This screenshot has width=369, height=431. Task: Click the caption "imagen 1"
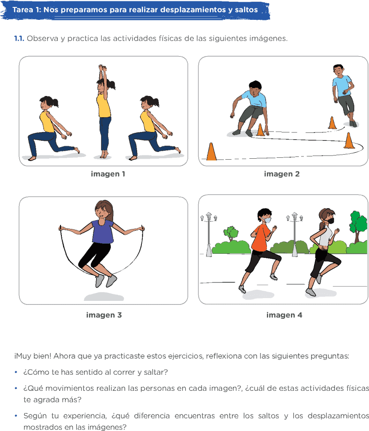pos(108,174)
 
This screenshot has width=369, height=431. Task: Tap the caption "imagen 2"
pos(282,174)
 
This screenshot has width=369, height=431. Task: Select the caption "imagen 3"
pos(104,315)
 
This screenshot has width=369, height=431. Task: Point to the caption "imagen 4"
pos(284,315)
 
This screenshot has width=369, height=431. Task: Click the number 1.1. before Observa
pos(19,38)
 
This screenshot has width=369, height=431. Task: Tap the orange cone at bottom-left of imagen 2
pos(212,151)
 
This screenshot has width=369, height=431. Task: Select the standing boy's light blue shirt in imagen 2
pos(342,86)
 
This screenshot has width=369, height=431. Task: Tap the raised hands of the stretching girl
pos(103,68)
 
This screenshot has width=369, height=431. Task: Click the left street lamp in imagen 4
pos(209,234)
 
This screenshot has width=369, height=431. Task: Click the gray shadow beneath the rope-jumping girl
pos(104,297)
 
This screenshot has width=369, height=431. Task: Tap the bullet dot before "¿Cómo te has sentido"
pos(16,372)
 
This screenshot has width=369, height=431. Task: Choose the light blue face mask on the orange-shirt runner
pos(266,220)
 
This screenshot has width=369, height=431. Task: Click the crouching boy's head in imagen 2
pos(255,88)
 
